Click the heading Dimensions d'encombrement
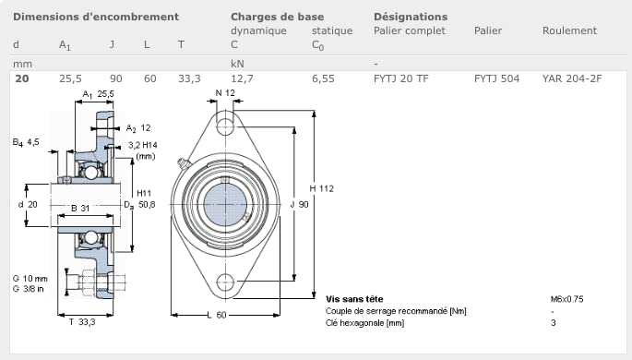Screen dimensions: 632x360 96,17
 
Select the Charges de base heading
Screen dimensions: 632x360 278,17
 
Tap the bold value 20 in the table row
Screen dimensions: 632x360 22,78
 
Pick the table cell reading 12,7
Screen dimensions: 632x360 242,78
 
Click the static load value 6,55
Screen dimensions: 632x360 323,78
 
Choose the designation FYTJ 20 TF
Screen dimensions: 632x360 401,78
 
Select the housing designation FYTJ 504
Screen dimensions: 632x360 496,78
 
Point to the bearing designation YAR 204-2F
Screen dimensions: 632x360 572,78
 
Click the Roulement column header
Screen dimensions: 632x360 569,30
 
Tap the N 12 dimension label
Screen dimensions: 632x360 225,93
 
